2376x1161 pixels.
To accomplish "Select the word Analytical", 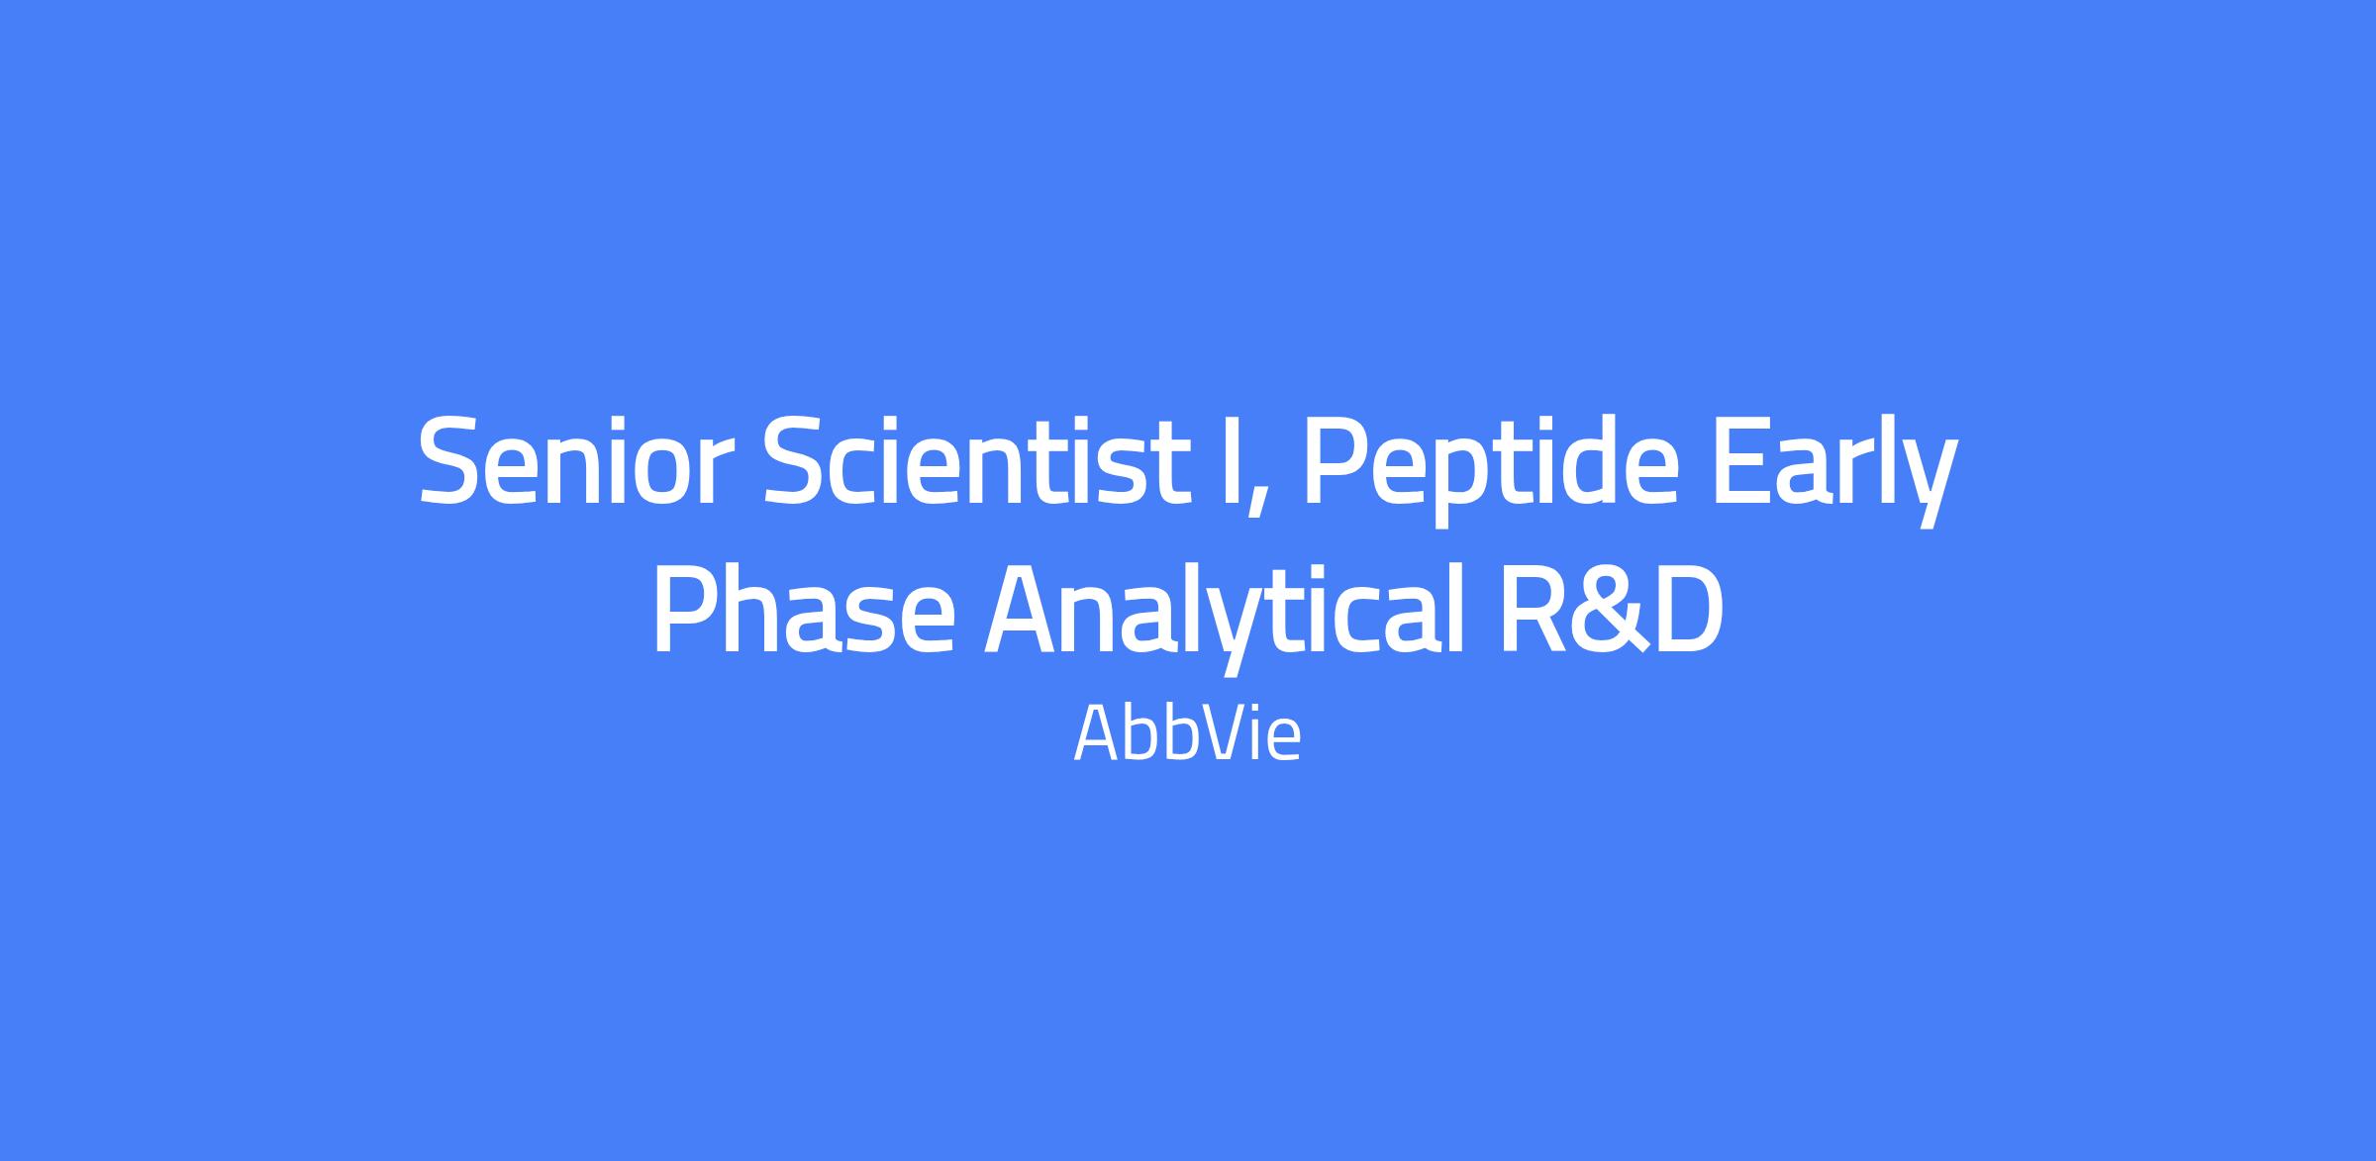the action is pyautogui.click(x=1224, y=614).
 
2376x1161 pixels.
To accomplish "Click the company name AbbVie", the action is pyautogui.click(x=1187, y=733).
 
